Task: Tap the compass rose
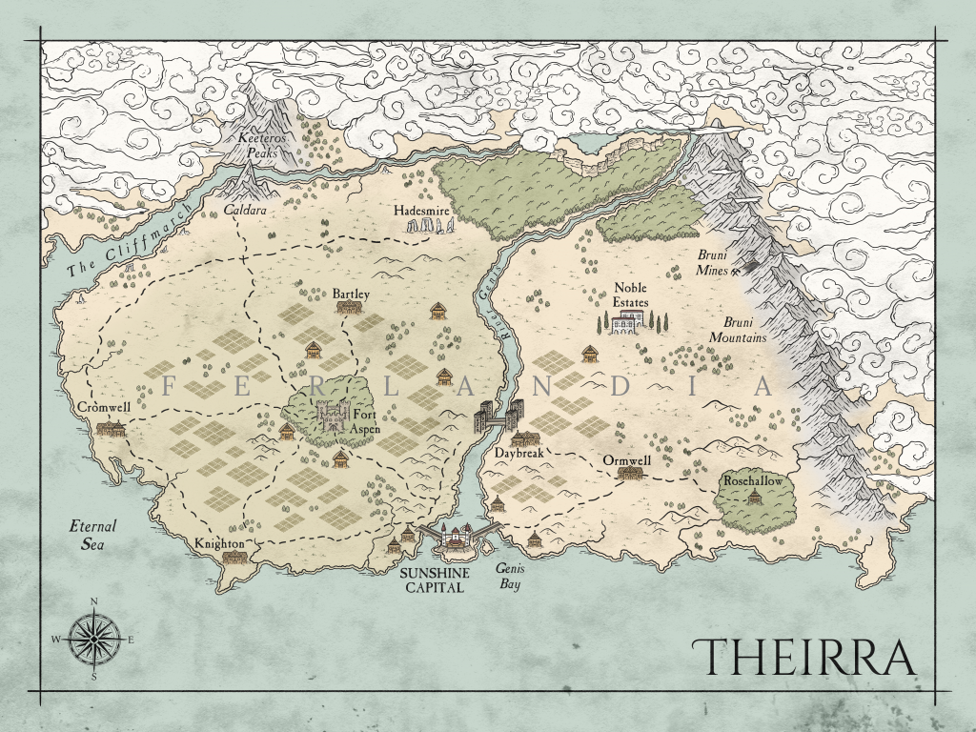(94, 638)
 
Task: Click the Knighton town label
(220, 543)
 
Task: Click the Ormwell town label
(627, 460)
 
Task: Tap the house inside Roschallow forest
(755, 498)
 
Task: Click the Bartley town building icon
(350, 308)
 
